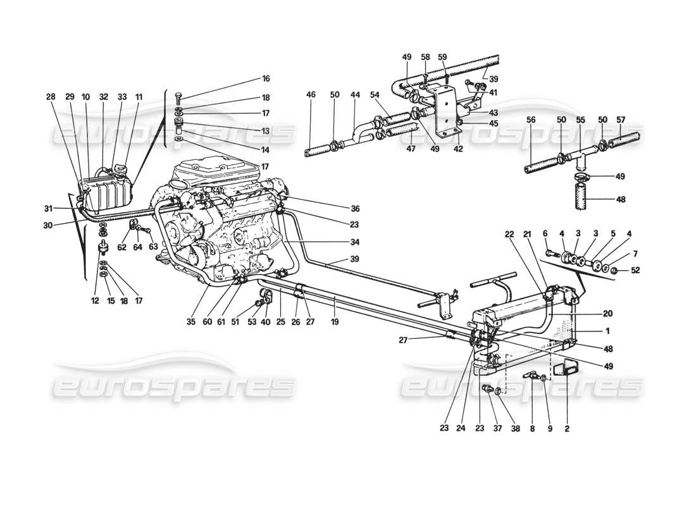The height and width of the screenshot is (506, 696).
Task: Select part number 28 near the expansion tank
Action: (50, 97)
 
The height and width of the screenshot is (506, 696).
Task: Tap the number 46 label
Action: (311, 94)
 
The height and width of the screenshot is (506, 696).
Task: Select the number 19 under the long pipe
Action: (335, 321)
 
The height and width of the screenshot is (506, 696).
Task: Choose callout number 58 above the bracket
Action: (425, 57)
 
